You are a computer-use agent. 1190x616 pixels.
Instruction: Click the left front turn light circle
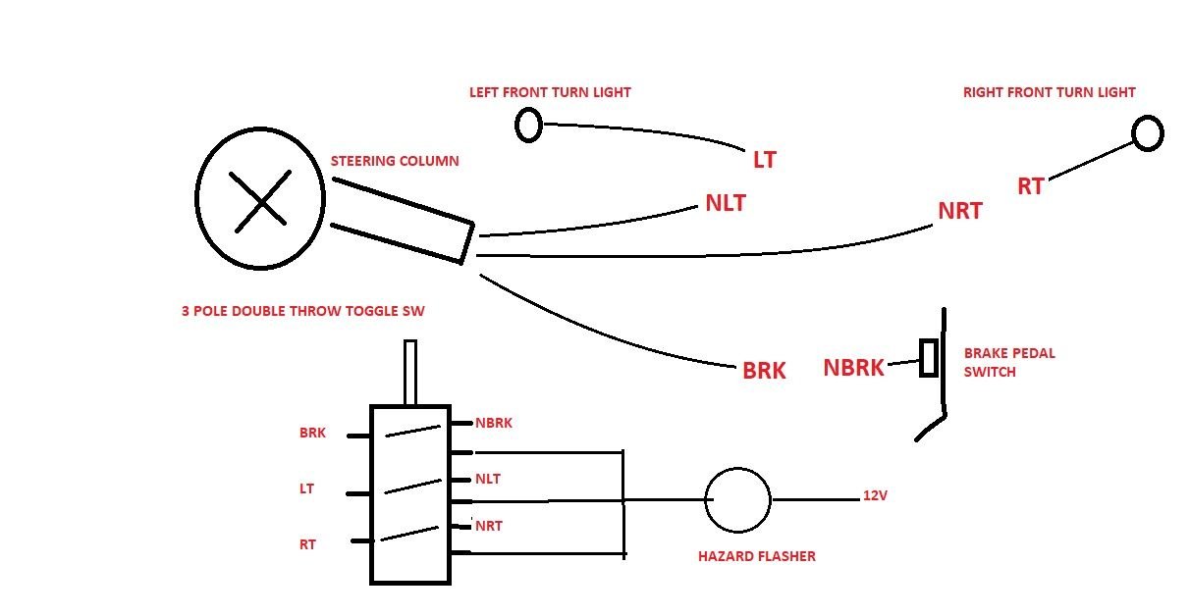coord(528,125)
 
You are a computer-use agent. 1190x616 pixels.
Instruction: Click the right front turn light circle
coord(1147,132)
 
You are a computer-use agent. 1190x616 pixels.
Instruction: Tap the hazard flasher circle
coord(737,499)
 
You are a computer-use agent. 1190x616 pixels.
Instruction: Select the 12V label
coord(875,496)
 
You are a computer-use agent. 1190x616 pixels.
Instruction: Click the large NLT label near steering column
coord(726,204)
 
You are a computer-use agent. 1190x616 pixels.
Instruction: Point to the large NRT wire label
coord(959,211)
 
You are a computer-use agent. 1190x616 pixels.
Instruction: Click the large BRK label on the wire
coord(764,372)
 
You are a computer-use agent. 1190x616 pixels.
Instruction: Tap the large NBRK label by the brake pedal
coord(854,368)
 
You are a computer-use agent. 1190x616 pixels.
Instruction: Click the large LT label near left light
coord(764,160)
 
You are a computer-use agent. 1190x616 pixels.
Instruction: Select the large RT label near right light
coord(1030,186)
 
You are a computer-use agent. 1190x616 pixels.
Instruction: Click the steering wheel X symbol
coord(261,200)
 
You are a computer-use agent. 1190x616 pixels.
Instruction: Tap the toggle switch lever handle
coord(410,372)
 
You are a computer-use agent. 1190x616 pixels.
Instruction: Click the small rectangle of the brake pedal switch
coord(929,358)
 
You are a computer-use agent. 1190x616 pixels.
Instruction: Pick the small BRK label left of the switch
coord(312,433)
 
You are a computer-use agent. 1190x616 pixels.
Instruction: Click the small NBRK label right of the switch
coord(493,424)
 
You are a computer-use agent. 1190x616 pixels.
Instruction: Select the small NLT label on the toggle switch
coord(488,479)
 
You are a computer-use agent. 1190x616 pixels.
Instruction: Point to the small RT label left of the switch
coord(307,544)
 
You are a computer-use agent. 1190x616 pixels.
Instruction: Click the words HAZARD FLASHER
coord(756,556)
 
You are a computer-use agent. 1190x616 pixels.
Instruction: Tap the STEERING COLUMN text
coord(394,161)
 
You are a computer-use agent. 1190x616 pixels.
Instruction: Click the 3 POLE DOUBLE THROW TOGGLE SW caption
coord(303,311)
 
